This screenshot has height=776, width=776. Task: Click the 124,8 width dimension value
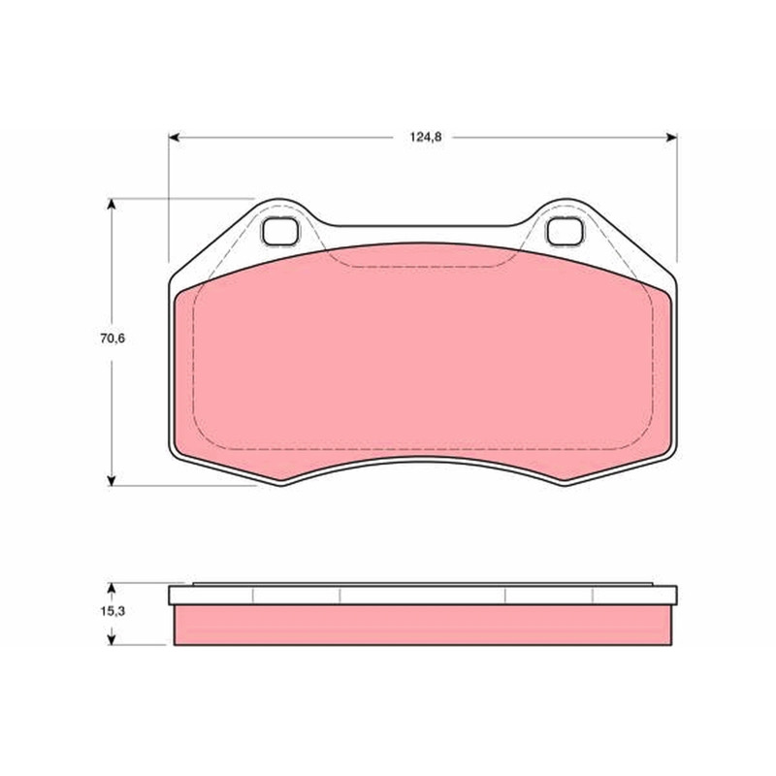[x=425, y=137]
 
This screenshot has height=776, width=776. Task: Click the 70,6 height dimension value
[x=113, y=339]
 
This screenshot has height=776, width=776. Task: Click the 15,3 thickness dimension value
[x=113, y=611]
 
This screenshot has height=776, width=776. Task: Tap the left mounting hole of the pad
[x=280, y=232]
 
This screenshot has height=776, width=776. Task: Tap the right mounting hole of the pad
[x=565, y=232]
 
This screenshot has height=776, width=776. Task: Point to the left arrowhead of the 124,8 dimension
[x=174, y=137]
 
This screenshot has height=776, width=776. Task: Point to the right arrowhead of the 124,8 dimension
[x=671, y=137]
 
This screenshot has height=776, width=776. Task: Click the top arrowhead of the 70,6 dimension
[x=112, y=204]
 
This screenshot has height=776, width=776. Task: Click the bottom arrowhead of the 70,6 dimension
[x=112, y=480]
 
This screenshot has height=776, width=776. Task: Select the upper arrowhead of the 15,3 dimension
[x=112, y=588]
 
